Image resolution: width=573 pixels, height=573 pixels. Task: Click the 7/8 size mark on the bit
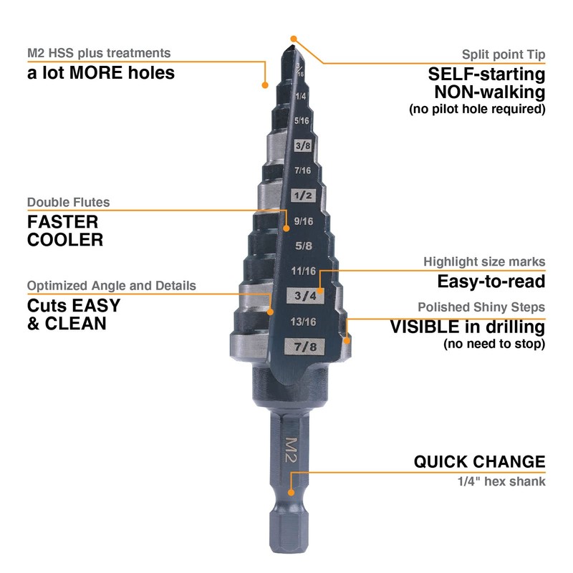pos(301,347)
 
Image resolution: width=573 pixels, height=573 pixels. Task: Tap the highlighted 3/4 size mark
pos(301,294)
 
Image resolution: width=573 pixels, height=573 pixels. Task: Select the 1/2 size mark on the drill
pos(301,196)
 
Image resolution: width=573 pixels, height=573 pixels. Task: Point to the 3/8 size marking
pos(302,145)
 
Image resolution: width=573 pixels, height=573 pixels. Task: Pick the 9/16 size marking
pos(302,221)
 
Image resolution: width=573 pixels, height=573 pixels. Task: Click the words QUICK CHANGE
pos(479,461)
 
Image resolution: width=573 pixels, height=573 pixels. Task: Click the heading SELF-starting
pos(486,74)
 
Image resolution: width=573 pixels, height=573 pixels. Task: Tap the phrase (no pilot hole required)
pos(477,110)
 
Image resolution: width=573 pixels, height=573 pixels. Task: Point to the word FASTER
pos(63,221)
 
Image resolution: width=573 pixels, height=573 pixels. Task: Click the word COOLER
pos(65,240)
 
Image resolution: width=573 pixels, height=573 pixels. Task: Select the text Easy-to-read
pos(491,281)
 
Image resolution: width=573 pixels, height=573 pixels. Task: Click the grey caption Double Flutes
pos(69,202)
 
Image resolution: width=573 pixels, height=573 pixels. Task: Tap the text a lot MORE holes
pos(101,73)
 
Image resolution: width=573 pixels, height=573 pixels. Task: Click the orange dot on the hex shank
pos(291,492)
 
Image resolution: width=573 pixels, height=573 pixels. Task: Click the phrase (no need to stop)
pos(494,345)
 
